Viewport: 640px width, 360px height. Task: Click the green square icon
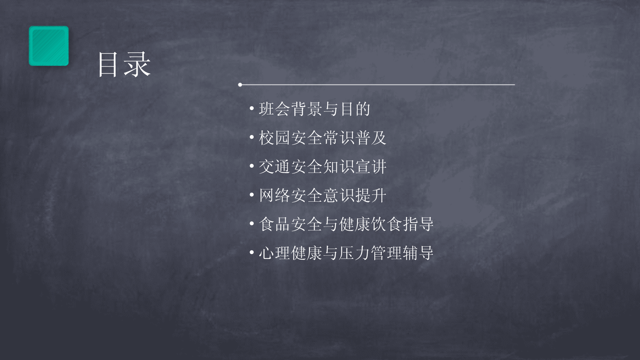click(x=49, y=46)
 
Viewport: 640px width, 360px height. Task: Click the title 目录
click(x=124, y=65)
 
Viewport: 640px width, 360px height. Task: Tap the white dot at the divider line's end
click(x=240, y=85)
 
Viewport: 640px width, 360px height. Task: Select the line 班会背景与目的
click(x=314, y=109)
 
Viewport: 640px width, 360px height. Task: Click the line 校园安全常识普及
click(x=323, y=138)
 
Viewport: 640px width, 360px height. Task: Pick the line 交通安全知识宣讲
click(x=323, y=167)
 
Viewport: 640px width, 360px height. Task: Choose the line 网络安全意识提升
click(x=323, y=195)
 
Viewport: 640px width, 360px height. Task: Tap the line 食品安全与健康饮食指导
click(x=346, y=224)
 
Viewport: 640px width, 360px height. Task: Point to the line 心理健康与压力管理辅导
click(x=346, y=253)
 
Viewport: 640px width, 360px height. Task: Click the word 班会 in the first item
click(x=275, y=109)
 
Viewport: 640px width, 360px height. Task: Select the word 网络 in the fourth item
click(x=275, y=195)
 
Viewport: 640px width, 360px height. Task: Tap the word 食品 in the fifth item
click(x=275, y=224)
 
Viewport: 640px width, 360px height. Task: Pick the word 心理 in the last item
click(x=275, y=253)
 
